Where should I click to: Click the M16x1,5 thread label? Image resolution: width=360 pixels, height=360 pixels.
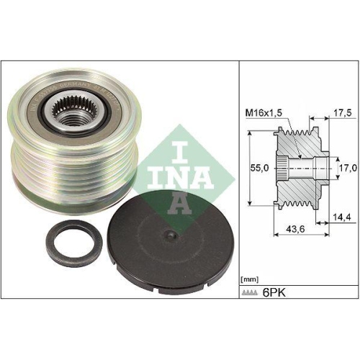pyautogui.click(x=264, y=112)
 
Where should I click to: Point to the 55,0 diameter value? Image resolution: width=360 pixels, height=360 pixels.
pyautogui.click(x=258, y=167)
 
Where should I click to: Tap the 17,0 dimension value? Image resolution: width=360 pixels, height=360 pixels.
pyautogui.click(x=346, y=167)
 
